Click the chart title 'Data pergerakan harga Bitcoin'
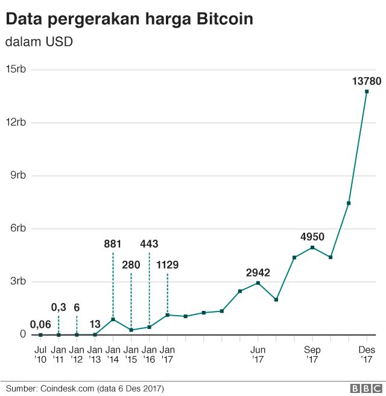(129, 19)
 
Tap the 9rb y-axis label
(17, 176)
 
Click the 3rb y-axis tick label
(17, 281)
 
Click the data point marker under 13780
(366, 92)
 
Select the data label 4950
(312, 236)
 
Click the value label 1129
(168, 264)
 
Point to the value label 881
(113, 244)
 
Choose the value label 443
(149, 244)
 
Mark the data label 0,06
(40, 324)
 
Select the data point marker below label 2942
(258, 283)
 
